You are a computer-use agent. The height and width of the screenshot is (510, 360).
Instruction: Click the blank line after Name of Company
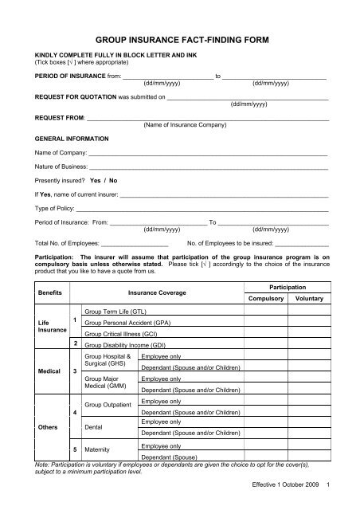pos(208,152)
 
